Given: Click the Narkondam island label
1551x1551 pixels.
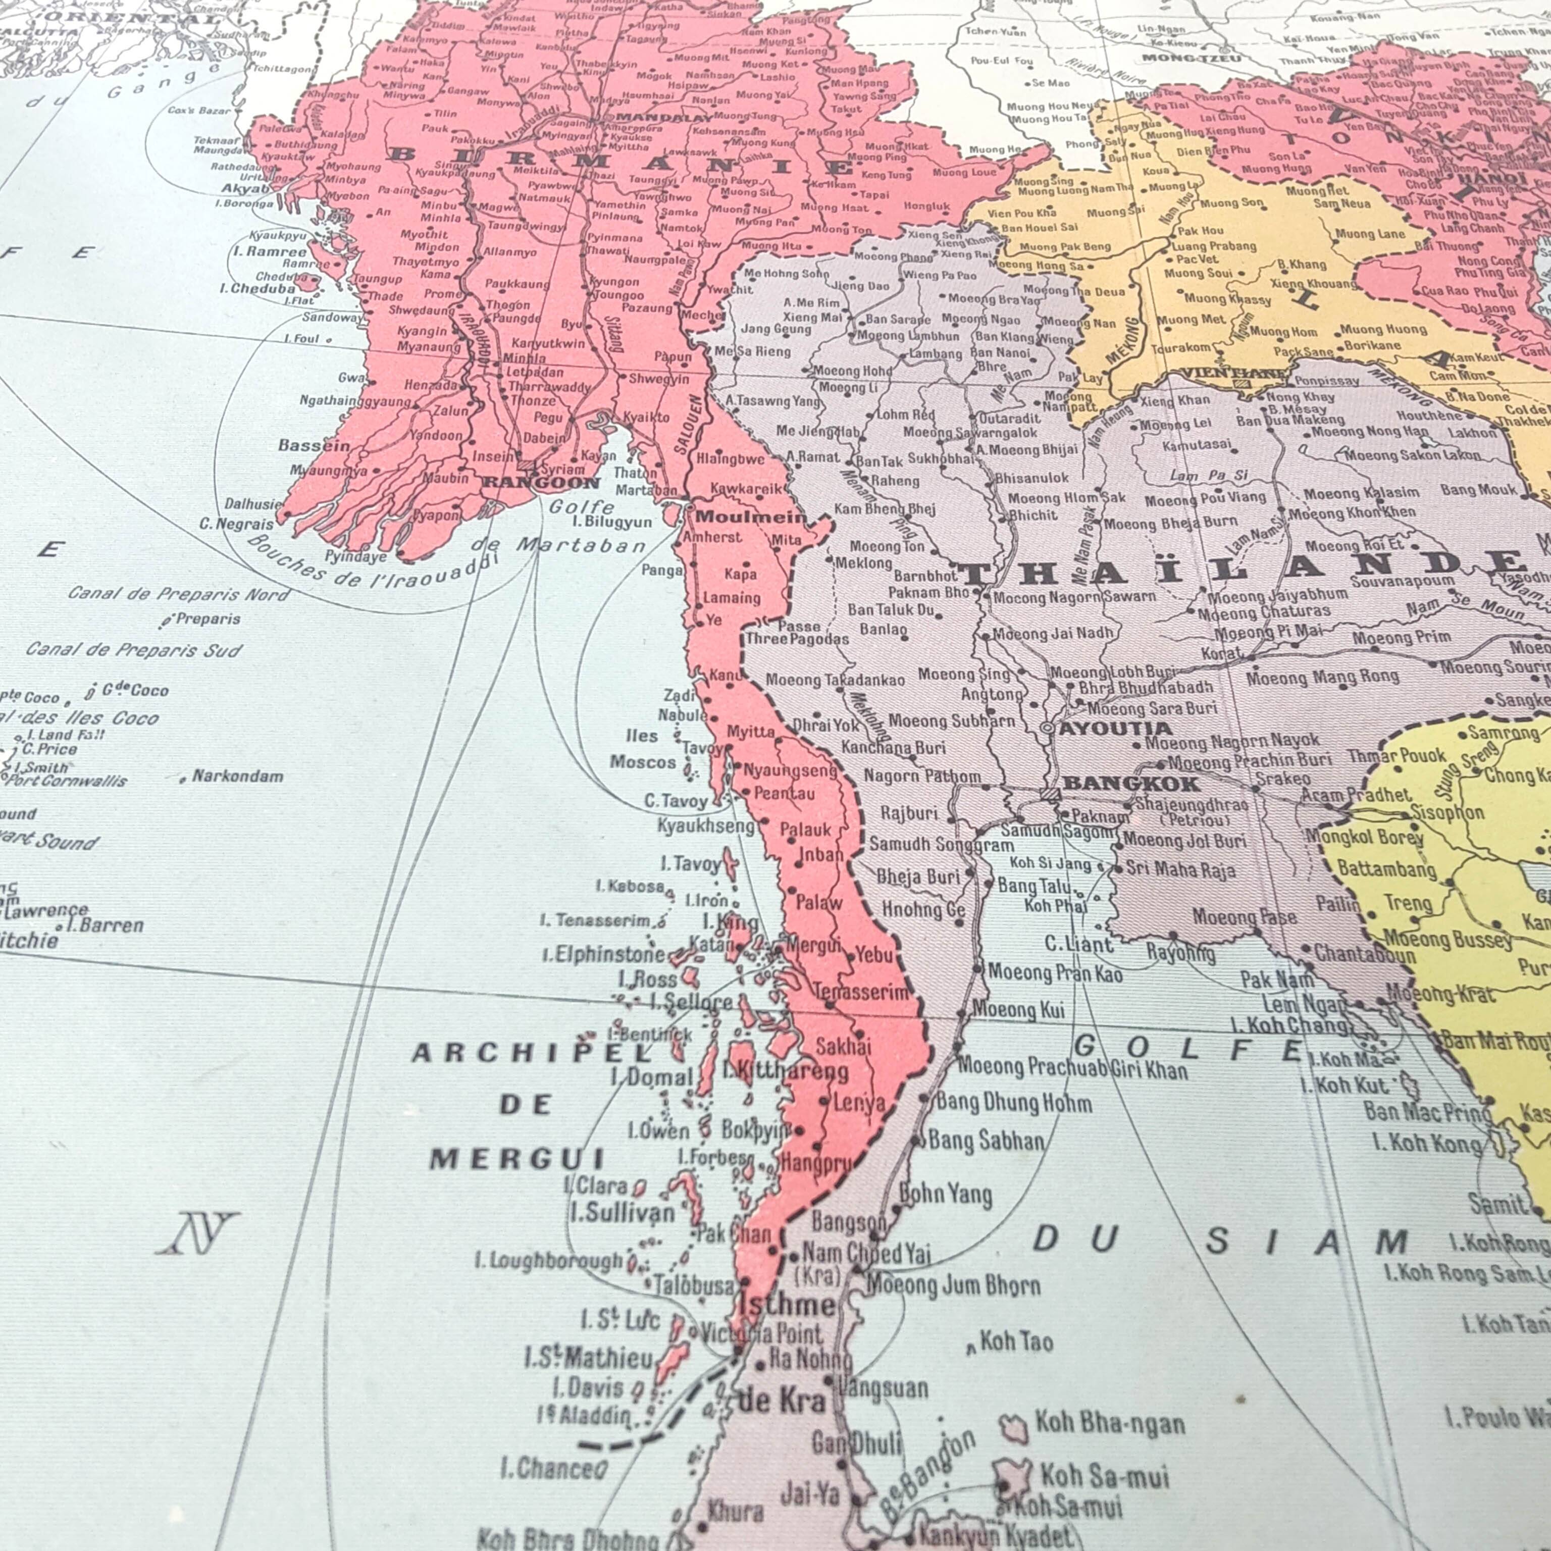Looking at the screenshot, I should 238,777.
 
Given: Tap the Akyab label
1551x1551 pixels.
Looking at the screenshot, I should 245,189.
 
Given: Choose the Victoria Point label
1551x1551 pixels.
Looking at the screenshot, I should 761,1334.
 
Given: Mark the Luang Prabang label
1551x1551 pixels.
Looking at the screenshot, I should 1215,246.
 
